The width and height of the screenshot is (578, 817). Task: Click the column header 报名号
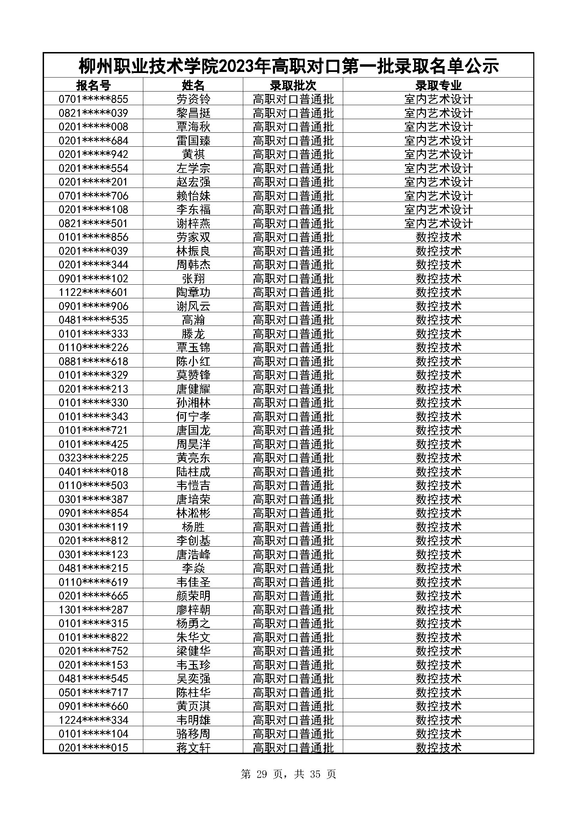[x=93, y=85]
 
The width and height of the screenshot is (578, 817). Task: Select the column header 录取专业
[x=438, y=85]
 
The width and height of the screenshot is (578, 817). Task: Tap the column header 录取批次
[x=293, y=85]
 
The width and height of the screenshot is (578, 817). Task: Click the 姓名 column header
[x=193, y=85]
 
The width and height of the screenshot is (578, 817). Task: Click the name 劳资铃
[x=193, y=99]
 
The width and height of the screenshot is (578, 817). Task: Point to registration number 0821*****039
[x=93, y=113]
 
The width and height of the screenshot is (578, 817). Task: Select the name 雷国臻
[x=193, y=140]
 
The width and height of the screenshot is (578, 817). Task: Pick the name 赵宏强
[x=193, y=182]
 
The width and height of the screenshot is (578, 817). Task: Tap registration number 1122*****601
[x=93, y=292]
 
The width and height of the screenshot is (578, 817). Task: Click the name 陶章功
[x=193, y=292]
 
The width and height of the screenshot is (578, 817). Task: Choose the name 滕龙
[x=193, y=334]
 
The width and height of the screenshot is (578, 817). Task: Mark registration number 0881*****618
[x=93, y=362]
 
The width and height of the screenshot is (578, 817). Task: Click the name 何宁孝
[x=193, y=417]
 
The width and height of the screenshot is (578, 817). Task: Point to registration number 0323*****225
[x=93, y=458]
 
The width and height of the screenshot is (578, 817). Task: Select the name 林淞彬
[x=193, y=513]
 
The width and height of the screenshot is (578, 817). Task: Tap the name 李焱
[x=193, y=568]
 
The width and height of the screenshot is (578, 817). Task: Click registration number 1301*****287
[x=93, y=610]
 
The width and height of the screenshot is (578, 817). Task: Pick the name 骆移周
[x=193, y=734]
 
